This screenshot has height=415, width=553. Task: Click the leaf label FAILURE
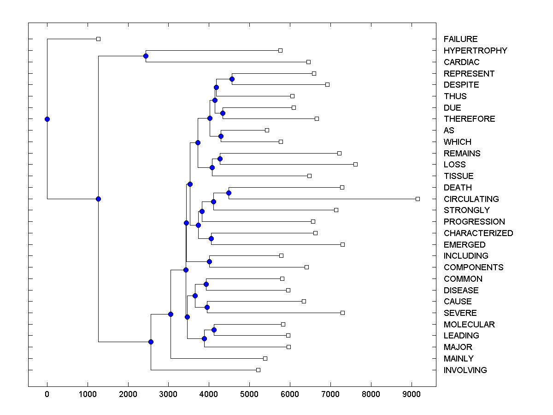(x=460, y=39)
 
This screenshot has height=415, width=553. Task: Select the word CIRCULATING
(x=471, y=199)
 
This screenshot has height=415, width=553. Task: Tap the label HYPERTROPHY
(x=475, y=51)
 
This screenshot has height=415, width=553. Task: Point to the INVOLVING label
(x=465, y=370)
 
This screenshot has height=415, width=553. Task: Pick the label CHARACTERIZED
(x=478, y=233)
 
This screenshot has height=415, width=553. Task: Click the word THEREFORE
(x=469, y=119)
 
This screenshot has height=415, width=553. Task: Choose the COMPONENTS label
(x=473, y=267)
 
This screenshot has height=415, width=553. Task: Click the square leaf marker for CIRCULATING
(x=418, y=199)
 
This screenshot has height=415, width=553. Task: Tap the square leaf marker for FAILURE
(x=98, y=39)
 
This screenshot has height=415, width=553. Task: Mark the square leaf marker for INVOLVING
(x=258, y=370)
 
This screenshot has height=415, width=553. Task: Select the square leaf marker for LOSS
(x=355, y=164)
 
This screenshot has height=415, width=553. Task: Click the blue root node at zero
(x=47, y=119)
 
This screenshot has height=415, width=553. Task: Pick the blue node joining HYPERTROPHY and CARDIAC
(x=146, y=56)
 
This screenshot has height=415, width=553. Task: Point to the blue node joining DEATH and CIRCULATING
(x=229, y=193)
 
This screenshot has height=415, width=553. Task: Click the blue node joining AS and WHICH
(x=221, y=136)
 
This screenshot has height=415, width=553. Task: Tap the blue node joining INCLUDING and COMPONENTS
(x=209, y=261)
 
